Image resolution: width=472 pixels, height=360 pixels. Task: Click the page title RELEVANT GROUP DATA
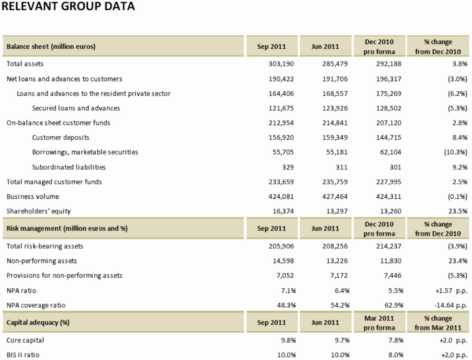point(68,6)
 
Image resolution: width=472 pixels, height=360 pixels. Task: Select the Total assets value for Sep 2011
point(281,64)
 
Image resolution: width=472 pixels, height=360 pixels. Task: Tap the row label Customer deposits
point(61,138)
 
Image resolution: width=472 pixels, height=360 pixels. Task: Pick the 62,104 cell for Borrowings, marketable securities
point(390,152)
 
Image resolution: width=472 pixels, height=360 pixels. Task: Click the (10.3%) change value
point(455,152)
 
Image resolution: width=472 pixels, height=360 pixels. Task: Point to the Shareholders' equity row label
point(39,211)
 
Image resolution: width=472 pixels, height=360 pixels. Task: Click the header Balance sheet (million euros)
point(51,47)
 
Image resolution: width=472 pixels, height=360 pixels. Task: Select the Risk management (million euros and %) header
point(67,229)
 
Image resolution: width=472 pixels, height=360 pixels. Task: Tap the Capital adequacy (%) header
point(38,323)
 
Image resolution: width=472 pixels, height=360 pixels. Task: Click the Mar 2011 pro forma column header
point(379,323)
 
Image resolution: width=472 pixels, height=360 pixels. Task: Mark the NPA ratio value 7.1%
point(288,291)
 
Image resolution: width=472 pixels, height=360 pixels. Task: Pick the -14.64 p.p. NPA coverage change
point(450,305)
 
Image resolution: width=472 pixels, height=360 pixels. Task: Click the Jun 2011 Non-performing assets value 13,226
point(337,261)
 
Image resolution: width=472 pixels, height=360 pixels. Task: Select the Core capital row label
point(25,340)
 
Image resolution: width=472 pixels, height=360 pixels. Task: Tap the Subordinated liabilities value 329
point(288,167)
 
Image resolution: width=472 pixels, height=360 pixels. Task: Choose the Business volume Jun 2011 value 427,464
point(335,197)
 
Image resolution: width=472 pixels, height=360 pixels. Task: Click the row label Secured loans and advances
point(76,108)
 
